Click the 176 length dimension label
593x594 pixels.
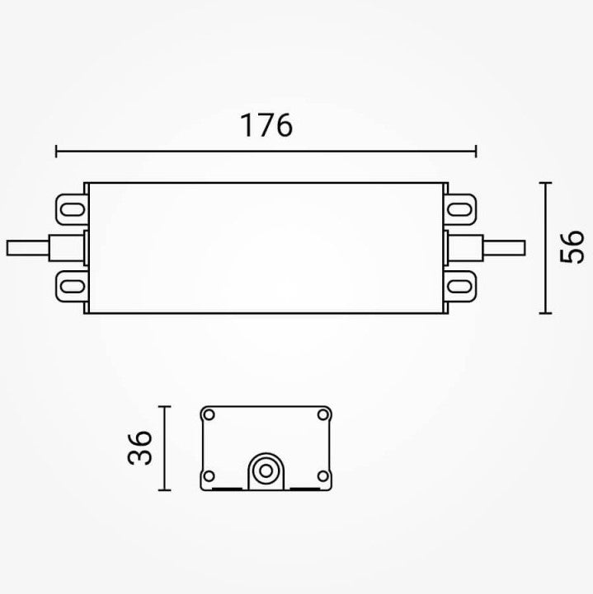[x=266, y=125]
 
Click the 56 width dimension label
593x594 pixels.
[x=572, y=246]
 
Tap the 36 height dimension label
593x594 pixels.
[x=139, y=447]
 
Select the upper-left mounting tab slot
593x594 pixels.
[x=73, y=209]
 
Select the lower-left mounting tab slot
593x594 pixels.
[x=73, y=286]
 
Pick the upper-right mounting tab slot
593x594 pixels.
[x=460, y=209]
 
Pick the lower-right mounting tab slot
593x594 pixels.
[x=460, y=286]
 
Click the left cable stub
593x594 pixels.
[x=28, y=248]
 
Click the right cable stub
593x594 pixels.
[x=504, y=248]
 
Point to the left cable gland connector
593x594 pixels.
[x=66, y=248]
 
